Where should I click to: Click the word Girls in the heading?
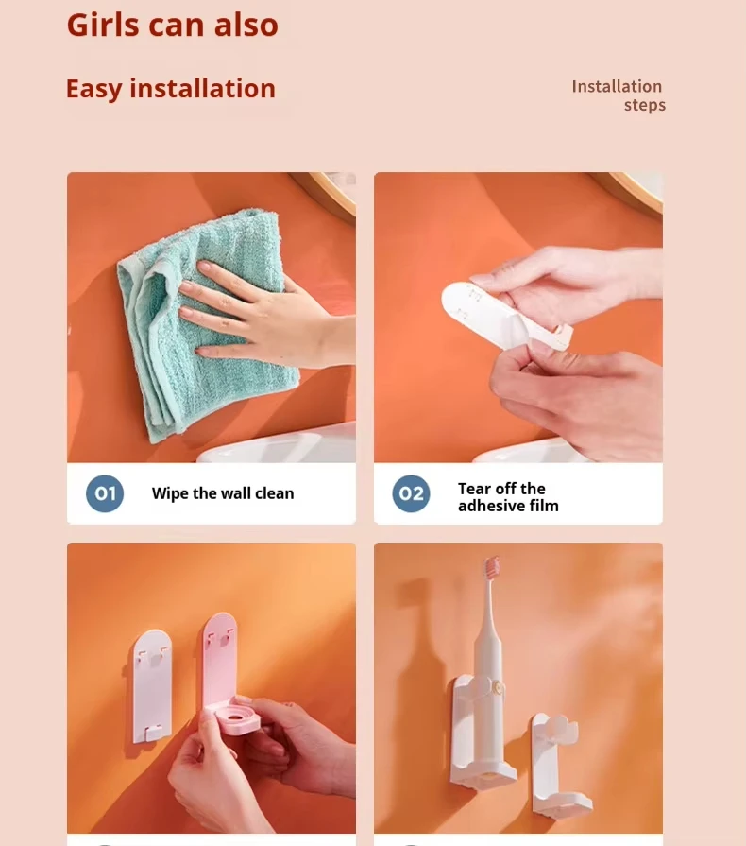(103, 25)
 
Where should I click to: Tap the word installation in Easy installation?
(202, 88)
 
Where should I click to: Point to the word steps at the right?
(645, 105)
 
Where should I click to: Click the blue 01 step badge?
(105, 493)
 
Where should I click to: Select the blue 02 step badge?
(411, 493)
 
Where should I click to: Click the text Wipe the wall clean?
(223, 493)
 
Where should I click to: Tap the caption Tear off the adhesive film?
(508, 497)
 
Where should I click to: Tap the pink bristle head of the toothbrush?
(493, 567)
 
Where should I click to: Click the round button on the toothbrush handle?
(499, 687)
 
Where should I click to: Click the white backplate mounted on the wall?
(153, 685)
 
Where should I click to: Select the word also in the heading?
(246, 25)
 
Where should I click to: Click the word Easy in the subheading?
(93, 89)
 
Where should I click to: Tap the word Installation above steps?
(617, 86)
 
